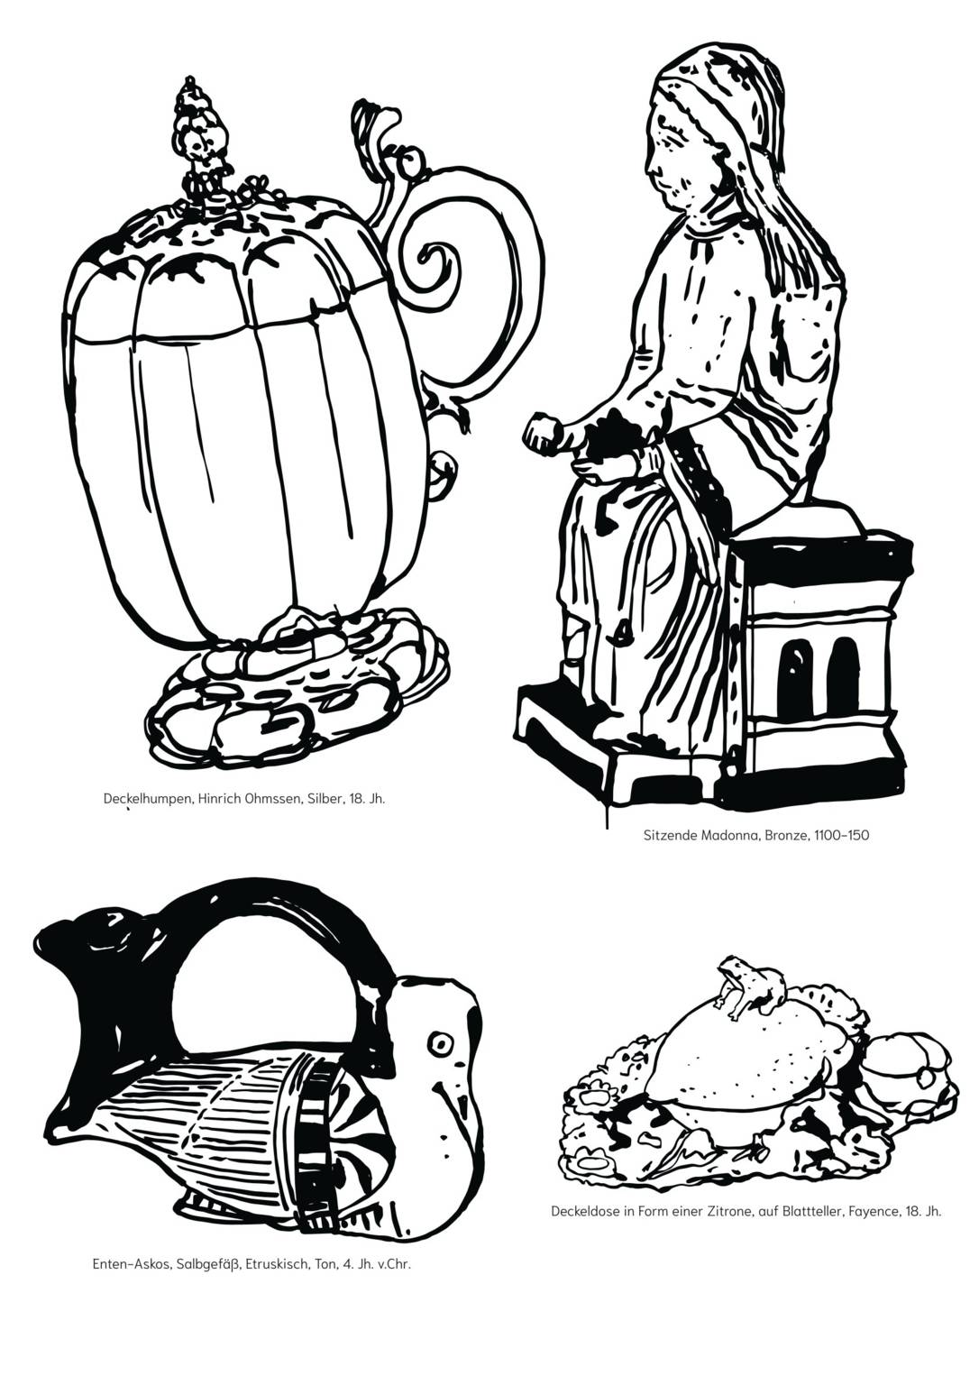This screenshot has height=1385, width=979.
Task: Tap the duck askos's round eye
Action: click(x=441, y=1043)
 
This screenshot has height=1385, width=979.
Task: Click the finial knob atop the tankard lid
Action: click(x=193, y=126)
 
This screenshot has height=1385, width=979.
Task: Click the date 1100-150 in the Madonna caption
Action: click(x=841, y=834)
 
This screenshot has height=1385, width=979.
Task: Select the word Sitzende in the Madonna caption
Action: click(x=668, y=834)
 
